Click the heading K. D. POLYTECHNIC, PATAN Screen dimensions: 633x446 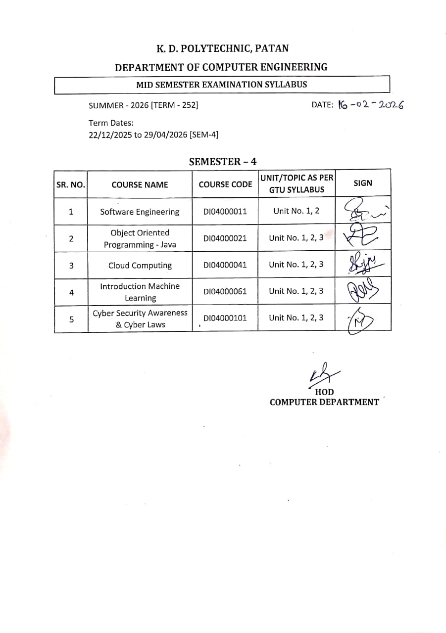point(222,48)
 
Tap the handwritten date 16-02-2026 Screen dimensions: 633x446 point(370,105)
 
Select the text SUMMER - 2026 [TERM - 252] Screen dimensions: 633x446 point(143,105)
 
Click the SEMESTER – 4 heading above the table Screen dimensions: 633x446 point(223,161)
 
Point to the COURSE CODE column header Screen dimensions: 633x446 point(225,184)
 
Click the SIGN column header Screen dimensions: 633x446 point(363,183)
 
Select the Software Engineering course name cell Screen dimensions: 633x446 point(140,212)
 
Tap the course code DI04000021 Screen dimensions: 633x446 point(225,238)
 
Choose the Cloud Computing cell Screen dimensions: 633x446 point(140,266)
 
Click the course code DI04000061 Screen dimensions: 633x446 point(225,292)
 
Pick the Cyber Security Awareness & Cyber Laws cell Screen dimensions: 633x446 point(140,319)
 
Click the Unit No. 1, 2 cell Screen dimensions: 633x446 point(297,211)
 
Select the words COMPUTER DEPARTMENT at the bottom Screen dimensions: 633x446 point(324,402)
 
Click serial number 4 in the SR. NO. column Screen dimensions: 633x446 point(71,292)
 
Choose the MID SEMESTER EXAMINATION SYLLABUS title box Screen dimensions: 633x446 point(222,85)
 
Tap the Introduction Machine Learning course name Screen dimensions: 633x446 point(140,292)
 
